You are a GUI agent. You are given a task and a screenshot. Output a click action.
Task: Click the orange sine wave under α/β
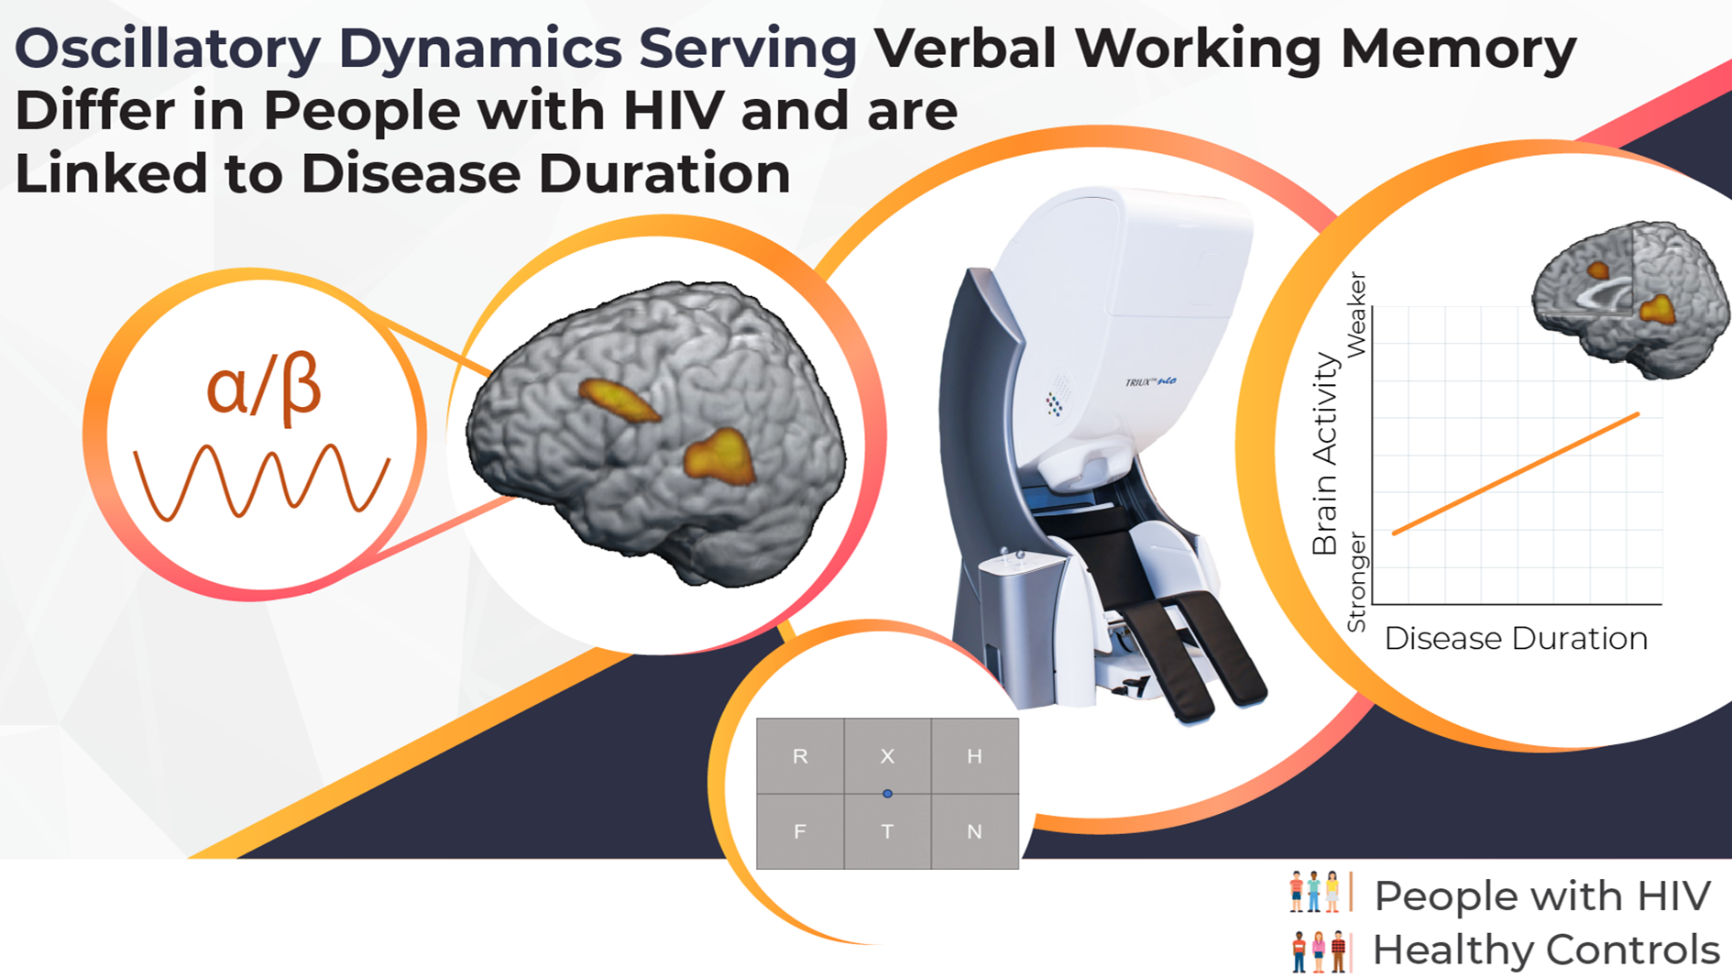click(x=261, y=481)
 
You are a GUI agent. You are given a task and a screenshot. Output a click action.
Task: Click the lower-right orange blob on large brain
click(x=720, y=456)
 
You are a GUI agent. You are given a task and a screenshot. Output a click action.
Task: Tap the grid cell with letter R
click(x=800, y=756)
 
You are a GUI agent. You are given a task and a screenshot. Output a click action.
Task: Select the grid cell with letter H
click(x=974, y=756)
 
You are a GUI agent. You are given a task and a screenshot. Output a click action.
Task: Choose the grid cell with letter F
click(x=800, y=831)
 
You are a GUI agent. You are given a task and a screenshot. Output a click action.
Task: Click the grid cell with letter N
click(x=974, y=831)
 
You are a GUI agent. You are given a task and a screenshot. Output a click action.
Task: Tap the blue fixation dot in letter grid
click(x=887, y=794)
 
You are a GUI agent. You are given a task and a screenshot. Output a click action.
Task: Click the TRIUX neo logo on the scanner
click(x=1150, y=382)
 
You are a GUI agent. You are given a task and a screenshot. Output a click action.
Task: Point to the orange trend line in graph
click(x=1517, y=473)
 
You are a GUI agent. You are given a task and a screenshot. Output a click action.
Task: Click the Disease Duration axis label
click(x=1516, y=638)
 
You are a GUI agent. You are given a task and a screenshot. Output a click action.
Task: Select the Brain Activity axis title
click(x=1325, y=455)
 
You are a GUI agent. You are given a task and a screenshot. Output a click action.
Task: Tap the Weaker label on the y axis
click(x=1356, y=314)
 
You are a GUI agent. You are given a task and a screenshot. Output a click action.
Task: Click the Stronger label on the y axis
click(x=1356, y=582)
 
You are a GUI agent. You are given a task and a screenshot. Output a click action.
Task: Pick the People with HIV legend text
click(x=1542, y=896)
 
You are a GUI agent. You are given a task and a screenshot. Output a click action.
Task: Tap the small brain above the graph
click(x=1631, y=298)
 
